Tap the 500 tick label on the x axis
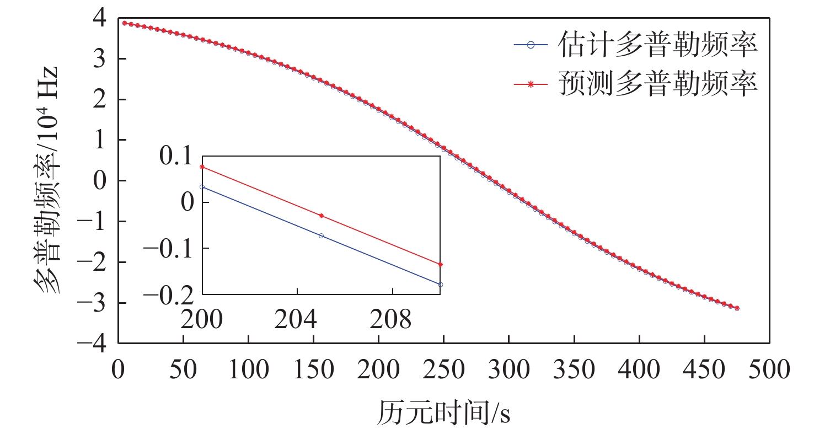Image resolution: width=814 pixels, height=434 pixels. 769,370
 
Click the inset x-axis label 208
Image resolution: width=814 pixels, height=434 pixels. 392,319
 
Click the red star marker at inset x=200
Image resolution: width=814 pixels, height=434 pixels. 202,167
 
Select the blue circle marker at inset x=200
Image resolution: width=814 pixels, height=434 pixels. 202,187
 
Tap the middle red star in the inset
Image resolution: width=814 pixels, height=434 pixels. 322,216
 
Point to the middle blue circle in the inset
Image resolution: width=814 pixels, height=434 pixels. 322,235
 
